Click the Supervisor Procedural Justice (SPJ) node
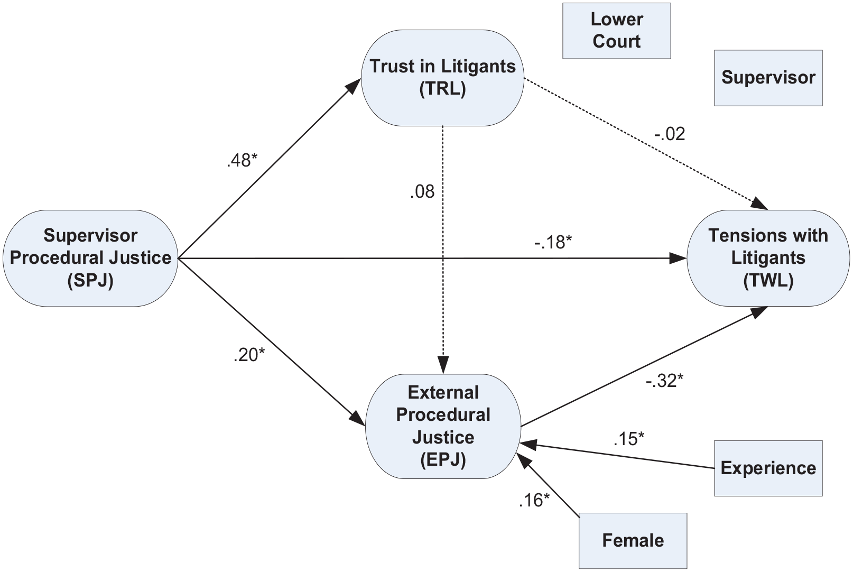click(x=90, y=258)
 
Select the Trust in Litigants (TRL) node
click(x=442, y=78)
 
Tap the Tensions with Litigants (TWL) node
click(x=768, y=258)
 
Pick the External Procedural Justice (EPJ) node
click(x=443, y=426)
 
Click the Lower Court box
click(x=617, y=31)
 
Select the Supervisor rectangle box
click(x=768, y=78)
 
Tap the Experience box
click(x=768, y=468)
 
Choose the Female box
click(x=633, y=540)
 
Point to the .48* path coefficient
click(x=242, y=160)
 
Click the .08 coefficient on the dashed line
click(x=422, y=192)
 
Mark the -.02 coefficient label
click(x=670, y=134)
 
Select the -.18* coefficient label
click(x=553, y=242)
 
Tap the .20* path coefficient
click(x=249, y=355)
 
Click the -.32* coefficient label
click(x=664, y=381)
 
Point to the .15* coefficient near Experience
click(x=629, y=439)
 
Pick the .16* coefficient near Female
click(x=534, y=501)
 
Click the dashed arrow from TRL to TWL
click(x=646, y=144)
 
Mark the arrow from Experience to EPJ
click(x=617, y=455)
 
